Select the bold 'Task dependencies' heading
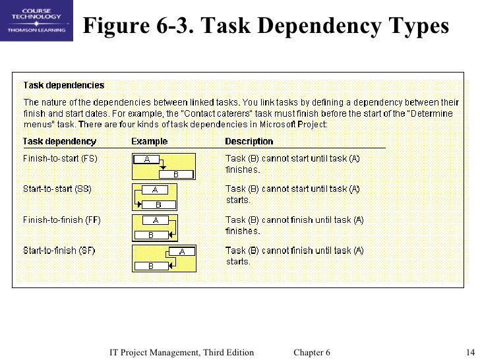pyautogui.click(x=64, y=85)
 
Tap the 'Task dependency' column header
pyautogui.click(x=59, y=141)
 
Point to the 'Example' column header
pyautogui.click(x=149, y=141)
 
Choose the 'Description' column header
pyautogui.click(x=249, y=141)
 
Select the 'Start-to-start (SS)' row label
pyautogui.click(x=57, y=189)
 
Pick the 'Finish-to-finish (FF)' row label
pyautogui.click(x=62, y=220)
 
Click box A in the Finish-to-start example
pyautogui.click(x=147, y=159)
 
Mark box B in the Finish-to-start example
pyautogui.click(x=175, y=174)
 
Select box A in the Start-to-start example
pyautogui.click(x=155, y=189)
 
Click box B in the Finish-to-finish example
pyautogui.click(x=150, y=235)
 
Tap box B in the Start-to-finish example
pyautogui.click(x=150, y=266)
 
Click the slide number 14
pyautogui.click(x=470, y=352)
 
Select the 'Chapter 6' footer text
pyautogui.click(x=312, y=352)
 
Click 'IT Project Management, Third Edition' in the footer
pyautogui.click(x=181, y=352)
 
